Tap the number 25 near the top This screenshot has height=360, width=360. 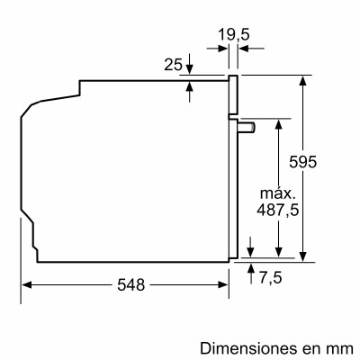(x=173, y=65)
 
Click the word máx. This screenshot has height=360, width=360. (x=280, y=193)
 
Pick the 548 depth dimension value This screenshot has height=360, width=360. (x=130, y=284)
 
